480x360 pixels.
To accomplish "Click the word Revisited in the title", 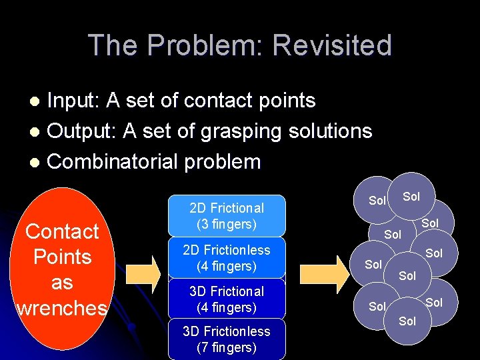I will (x=332, y=45).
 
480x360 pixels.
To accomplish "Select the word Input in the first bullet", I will (x=74, y=101).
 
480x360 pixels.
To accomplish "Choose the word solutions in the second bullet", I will (x=330, y=131).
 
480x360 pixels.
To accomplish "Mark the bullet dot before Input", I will (x=38, y=101).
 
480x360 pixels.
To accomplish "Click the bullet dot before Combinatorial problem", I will (x=38, y=162).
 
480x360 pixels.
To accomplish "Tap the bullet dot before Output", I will (x=38, y=131).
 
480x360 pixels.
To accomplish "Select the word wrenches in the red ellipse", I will (x=61, y=307).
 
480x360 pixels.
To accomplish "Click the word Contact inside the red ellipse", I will (x=62, y=231).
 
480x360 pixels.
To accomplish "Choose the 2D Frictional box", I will (x=227, y=216).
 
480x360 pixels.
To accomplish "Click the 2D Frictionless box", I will (x=227, y=258).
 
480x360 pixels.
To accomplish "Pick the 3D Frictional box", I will (x=227, y=299).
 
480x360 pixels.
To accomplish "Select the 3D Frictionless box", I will (x=227, y=339).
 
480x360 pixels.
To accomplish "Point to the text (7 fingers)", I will (x=227, y=347).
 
